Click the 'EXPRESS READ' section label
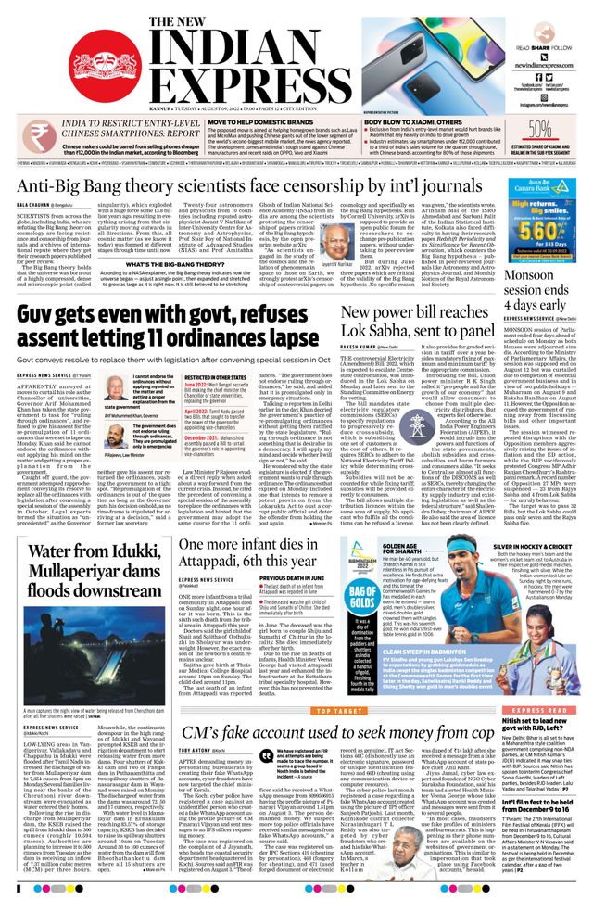530,682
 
